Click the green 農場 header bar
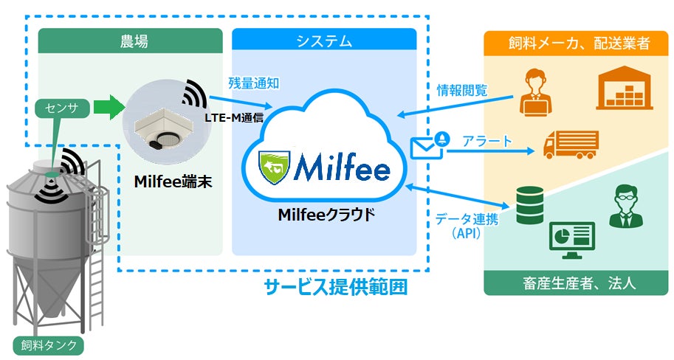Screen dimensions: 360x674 tap(130, 40)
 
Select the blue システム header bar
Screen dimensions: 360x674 tap(324, 40)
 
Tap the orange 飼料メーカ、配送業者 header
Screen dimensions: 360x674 tap(576, 42)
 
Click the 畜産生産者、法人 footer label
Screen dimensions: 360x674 tap(576, 283)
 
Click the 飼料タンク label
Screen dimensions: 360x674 tap(49, 345)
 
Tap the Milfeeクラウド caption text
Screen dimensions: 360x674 tap(326, 215)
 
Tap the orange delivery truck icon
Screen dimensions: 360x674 tap(570, 144)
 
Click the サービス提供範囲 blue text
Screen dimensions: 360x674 tap(336, 286)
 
